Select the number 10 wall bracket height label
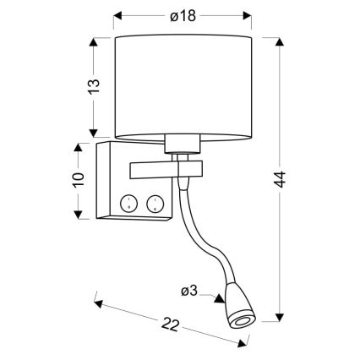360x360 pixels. coord(79,180)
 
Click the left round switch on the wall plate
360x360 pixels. coord(129,203)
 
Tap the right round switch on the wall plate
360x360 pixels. coord(155,203)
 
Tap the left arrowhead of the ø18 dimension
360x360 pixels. coord(117,15)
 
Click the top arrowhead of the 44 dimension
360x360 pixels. coord(280,39)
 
